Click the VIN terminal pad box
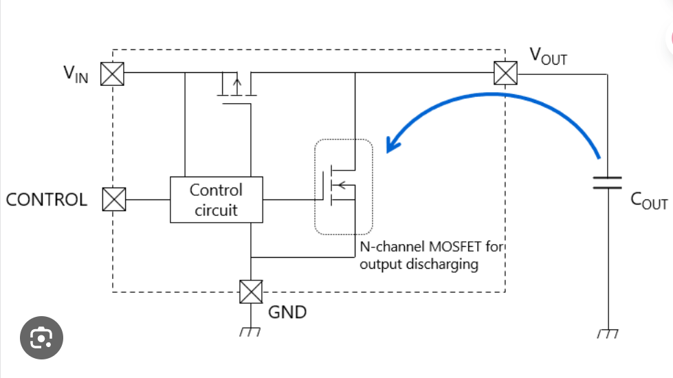[113, 74]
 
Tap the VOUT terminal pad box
[505, 73]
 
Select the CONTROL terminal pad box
[114, 199]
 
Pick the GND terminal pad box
[251, 292]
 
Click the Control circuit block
[217, 199]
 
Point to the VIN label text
[76, 74]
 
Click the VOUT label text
[548, 56]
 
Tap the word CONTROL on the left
[46, 199]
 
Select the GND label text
[287, 312]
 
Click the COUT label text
[649, 201]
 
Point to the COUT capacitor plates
[607, 182]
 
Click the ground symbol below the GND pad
[250, 332]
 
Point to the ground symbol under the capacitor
[608, 333]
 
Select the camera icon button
[42, 337]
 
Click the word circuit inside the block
[216, 210]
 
